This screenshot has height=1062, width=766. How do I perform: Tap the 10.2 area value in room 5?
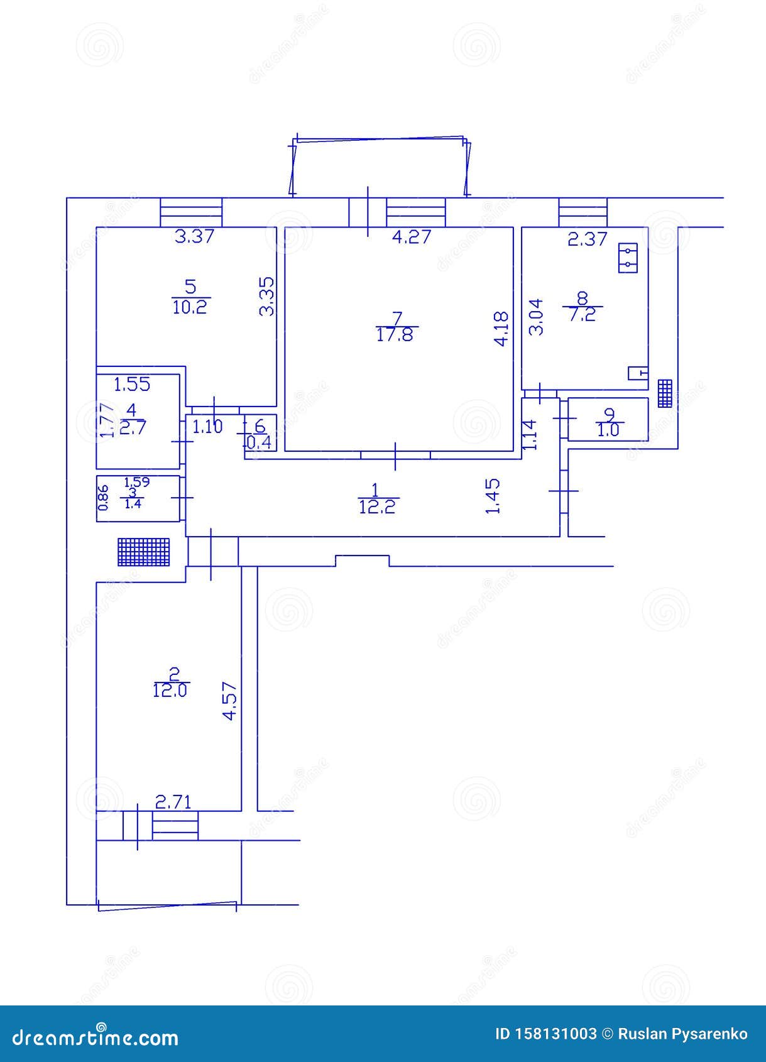190,307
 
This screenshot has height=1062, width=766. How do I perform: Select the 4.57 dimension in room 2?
230,701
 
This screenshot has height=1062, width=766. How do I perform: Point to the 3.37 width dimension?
194,237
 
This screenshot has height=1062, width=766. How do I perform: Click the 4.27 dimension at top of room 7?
412,237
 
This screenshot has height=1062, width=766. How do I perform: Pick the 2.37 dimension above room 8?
588,239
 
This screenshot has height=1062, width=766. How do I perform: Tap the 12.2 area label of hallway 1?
378,506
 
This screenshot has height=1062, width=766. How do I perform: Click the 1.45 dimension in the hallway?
493,496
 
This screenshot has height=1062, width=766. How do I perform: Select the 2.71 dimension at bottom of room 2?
173,802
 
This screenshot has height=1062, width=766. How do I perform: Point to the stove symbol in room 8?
628,258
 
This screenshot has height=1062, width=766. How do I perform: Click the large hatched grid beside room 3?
144,552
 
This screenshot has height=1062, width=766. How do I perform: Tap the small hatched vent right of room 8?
665,393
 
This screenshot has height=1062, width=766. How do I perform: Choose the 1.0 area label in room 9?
609,430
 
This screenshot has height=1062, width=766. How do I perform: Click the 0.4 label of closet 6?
260,442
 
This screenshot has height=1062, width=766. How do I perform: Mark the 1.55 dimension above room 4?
132,383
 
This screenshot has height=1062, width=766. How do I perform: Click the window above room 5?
191,212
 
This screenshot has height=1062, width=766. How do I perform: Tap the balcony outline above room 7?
380,165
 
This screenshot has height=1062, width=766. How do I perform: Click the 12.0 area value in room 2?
170,691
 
